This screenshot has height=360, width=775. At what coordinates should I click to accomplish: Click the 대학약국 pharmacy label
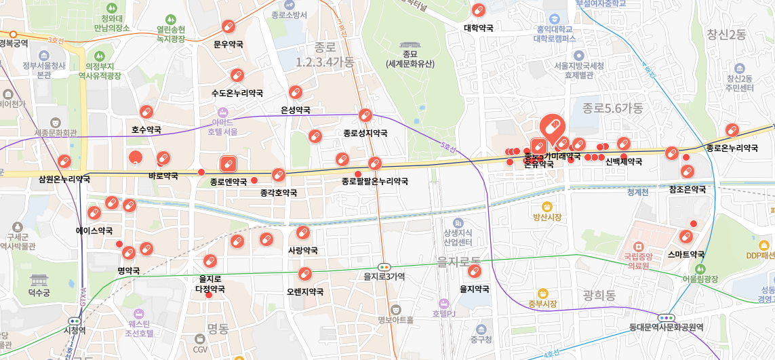[478, 28]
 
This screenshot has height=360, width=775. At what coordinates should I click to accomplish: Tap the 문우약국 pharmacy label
[228, 45]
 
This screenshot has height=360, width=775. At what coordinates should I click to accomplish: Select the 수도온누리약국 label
[237, 93]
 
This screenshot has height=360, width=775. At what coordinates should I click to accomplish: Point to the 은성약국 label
[295, 110]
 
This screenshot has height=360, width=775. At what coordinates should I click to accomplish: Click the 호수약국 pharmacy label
[146, 129]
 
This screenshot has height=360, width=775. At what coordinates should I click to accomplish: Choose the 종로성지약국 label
[365, 133]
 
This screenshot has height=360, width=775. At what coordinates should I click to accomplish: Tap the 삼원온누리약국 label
[64, 180]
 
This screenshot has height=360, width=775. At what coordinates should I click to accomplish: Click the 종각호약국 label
[278, 193]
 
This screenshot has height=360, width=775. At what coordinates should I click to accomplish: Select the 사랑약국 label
[302, 251]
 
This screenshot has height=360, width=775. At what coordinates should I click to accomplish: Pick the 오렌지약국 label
[304, 292]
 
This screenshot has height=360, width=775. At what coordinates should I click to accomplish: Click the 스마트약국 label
[685, 255]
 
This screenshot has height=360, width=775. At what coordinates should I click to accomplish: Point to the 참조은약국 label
[687, 189]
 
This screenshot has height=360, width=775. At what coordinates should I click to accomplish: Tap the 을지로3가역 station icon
[384, 267]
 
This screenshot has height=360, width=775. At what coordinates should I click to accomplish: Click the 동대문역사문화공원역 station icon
[666, 317]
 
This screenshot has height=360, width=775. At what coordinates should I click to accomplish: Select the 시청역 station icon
[75, 321]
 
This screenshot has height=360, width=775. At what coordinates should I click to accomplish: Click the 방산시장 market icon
[547, 206]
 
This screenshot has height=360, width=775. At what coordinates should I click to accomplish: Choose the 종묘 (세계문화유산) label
[410, 59]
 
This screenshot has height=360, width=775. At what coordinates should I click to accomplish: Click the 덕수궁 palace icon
[39, 280]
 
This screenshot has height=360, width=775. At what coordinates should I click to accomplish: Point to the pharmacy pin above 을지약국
[474, 272]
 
